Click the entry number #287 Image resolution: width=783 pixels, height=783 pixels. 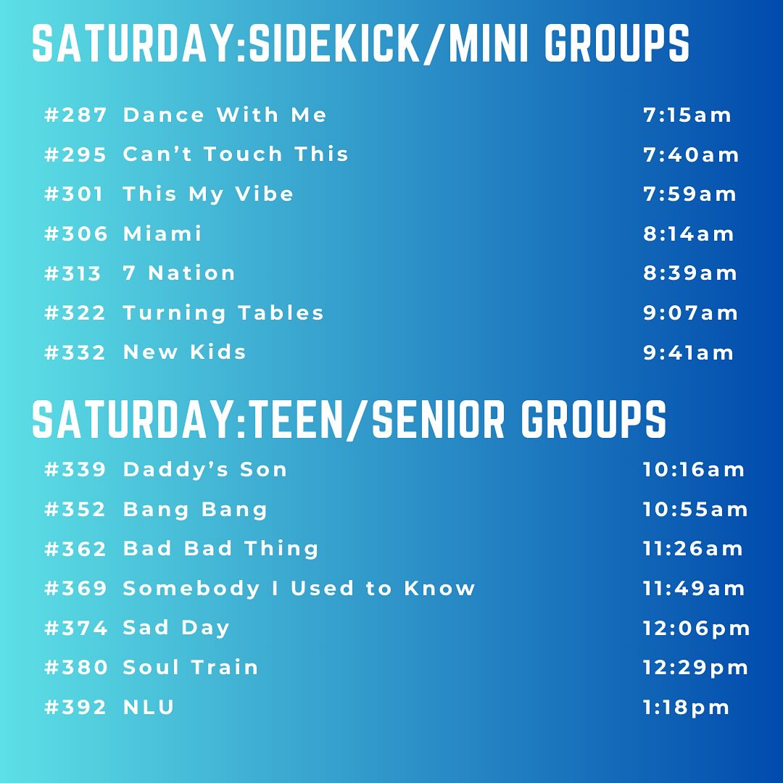point(75,115)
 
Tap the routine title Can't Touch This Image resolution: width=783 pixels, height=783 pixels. point(236,154)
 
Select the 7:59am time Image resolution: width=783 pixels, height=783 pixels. point(689,194)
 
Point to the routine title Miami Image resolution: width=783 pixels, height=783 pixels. point(162,233)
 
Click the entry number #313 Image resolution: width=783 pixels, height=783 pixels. point(73,273)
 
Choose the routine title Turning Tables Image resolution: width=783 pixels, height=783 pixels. point(223,313)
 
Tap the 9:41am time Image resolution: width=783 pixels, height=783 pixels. point(689,352)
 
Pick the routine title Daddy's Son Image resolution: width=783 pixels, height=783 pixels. point(205,469)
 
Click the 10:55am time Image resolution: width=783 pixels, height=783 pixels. point(695,510)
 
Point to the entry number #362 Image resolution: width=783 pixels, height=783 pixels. point(75,549)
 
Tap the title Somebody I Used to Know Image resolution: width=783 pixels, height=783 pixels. point(299,588)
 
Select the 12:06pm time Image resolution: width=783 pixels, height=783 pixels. point(696,629)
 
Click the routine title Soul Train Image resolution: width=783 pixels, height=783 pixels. point(190,667)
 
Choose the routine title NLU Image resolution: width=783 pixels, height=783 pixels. point(149,707)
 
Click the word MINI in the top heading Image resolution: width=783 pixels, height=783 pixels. point(489,43)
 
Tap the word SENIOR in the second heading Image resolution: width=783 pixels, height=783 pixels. point(439,420)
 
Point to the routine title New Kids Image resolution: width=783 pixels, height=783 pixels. point(184,352)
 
